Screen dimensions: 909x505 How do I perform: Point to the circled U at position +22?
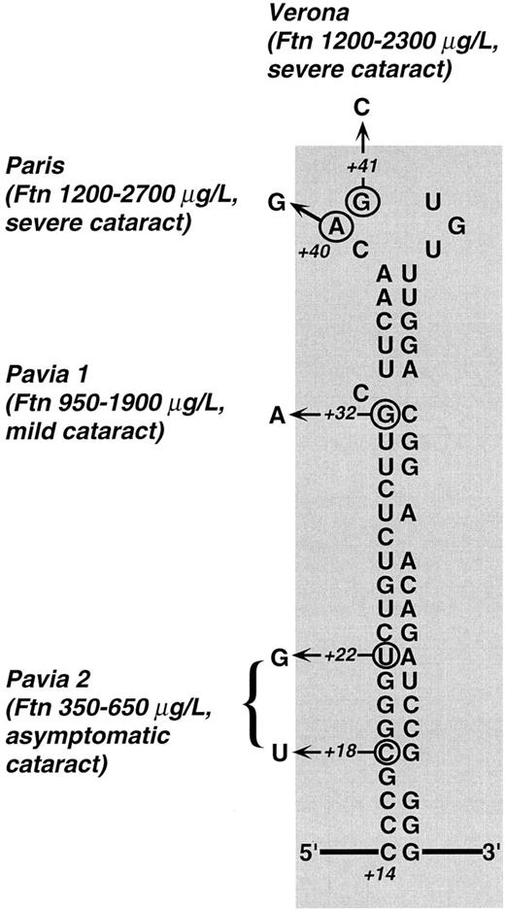[x=386, y=656]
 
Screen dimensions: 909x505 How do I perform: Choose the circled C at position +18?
[x=386, y=751]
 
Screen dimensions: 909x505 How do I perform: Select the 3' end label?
[x=490, y=854]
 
